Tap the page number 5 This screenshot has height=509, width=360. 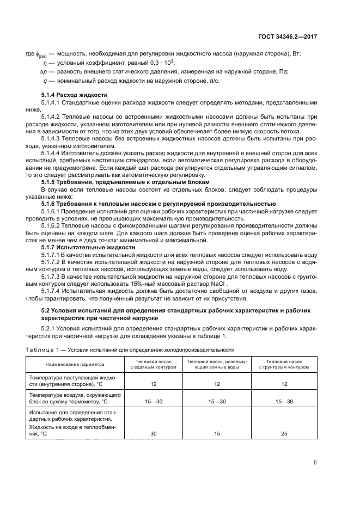pos(315,463)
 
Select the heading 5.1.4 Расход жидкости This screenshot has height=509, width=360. pos(75,95)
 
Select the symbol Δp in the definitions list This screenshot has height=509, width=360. pos(44,72)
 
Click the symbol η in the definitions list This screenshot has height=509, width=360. pos(46,63)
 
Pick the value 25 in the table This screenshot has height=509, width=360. pos(284,434)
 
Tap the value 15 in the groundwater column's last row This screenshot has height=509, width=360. pos(216,434)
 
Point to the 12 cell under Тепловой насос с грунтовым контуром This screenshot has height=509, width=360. pos(284,384)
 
